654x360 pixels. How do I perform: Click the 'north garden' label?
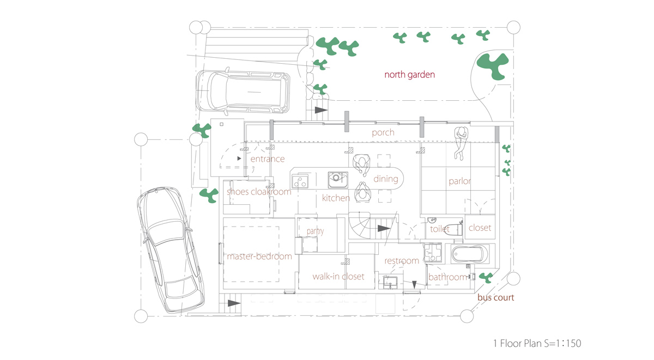409,75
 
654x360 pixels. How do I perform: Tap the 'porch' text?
383,132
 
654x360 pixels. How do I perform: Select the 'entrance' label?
267,159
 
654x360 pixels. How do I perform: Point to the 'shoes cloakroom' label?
259,192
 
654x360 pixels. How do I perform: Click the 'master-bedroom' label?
259,256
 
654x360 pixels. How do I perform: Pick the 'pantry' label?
315,231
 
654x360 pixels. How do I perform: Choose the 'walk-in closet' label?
338,277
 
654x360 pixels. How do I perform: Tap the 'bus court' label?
495,297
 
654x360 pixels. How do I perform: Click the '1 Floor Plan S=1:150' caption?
537,343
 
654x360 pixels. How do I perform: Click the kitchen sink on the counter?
337,179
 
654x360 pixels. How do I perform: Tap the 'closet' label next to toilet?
480,228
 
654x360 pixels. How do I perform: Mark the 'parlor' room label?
459,181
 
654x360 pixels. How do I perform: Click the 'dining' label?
385,179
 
